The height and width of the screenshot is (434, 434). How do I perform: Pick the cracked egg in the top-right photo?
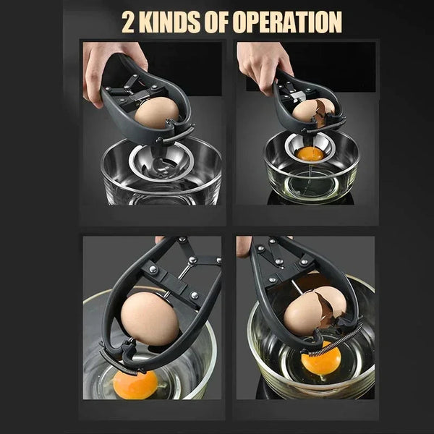coord(312,111)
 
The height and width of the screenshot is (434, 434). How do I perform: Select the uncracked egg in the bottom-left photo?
coord(150,319)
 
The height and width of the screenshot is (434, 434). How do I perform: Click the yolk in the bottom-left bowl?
coord(135,384)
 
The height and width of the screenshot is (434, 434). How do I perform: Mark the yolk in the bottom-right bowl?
coord(320,361)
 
